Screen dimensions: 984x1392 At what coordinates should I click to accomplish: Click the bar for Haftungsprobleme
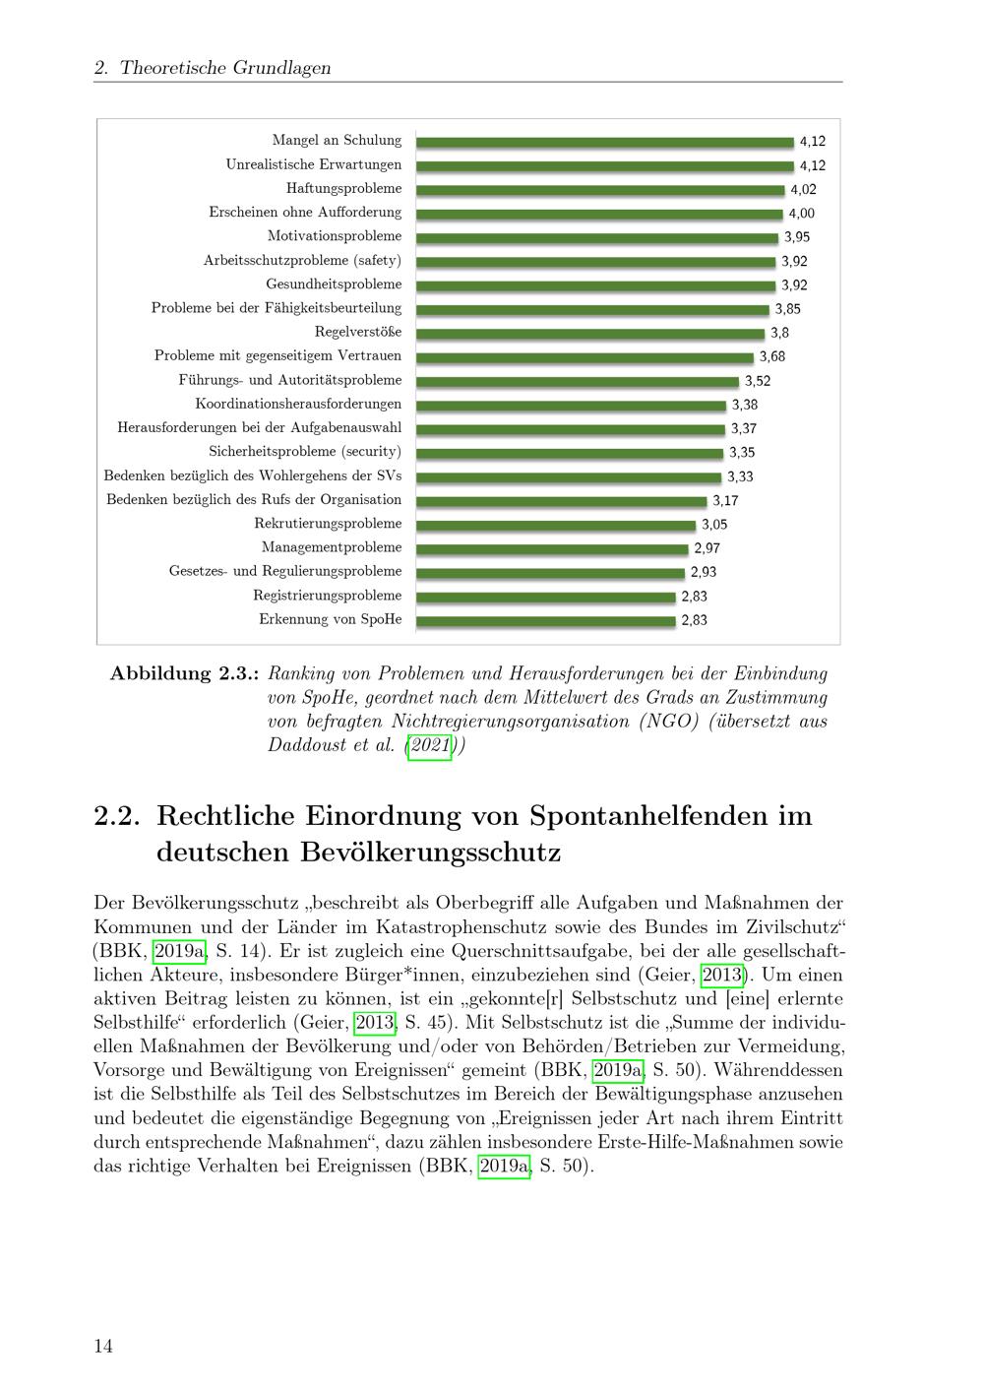coord(600,190)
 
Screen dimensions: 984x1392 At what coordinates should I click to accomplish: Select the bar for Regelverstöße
coord(590,333)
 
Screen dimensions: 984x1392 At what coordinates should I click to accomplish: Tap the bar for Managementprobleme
coord(552,548)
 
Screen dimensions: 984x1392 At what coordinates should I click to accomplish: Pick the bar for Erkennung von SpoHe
coord(545,620)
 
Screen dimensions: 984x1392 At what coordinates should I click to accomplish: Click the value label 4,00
coord(801,214)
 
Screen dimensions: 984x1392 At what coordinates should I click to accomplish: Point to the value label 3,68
coord(772,356)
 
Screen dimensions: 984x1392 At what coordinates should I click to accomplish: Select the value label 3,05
coord(714,525)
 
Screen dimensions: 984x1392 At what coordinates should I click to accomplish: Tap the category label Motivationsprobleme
coord(335,236)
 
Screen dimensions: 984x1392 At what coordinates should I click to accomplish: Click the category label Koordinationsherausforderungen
coord(298,404)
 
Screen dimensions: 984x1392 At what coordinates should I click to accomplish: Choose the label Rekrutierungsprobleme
coord(328,524)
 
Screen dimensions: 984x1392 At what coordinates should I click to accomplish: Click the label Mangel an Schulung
coord(337,140)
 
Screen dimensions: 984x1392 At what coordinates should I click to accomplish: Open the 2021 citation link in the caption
coord(429,744)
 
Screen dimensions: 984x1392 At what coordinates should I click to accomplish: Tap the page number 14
coord(103,1346)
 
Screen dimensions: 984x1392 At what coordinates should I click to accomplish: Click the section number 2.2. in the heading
coord(116,816)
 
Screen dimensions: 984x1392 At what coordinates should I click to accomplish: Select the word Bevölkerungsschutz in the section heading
coord(430,853)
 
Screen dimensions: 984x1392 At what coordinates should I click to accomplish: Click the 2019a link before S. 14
coord(179,951)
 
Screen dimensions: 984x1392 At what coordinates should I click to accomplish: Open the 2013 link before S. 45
coord(375,1022)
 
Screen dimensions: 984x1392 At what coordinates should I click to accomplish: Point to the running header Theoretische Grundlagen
coord(225,67)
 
